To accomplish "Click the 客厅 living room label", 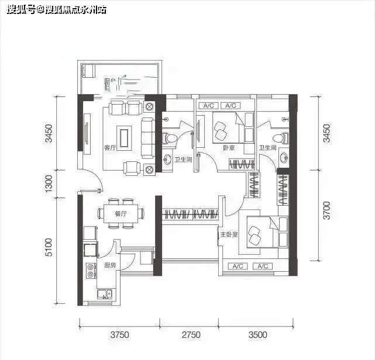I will (x=109, y=148).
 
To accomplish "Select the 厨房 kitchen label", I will (x=109, y=265).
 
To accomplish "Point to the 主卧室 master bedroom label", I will (x=228, y=235).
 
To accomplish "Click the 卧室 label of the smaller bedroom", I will (x=228, y=148).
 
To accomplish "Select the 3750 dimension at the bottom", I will (x=119, y=335).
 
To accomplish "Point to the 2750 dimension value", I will (x=191, y=335).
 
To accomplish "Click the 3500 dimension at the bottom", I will (x=257, y=335).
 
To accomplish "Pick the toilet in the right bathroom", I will (x=285, y=138).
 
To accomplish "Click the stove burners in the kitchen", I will (x=91, y=270).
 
